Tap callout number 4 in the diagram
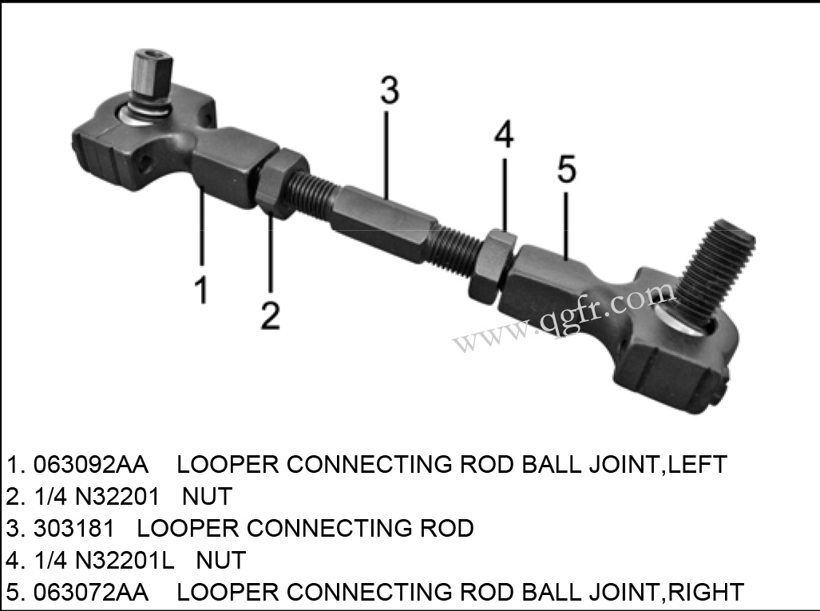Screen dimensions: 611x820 pos(503,136)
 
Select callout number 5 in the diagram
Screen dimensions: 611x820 pos(565,169)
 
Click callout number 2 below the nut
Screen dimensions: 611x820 pos(271,315)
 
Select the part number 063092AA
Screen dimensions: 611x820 pos(91,464)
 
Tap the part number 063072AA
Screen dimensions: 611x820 pos(91,592)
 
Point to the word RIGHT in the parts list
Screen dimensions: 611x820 pos(706,592)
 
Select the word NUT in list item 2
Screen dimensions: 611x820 pos(207,496)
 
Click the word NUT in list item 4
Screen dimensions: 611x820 pos(220,560)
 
